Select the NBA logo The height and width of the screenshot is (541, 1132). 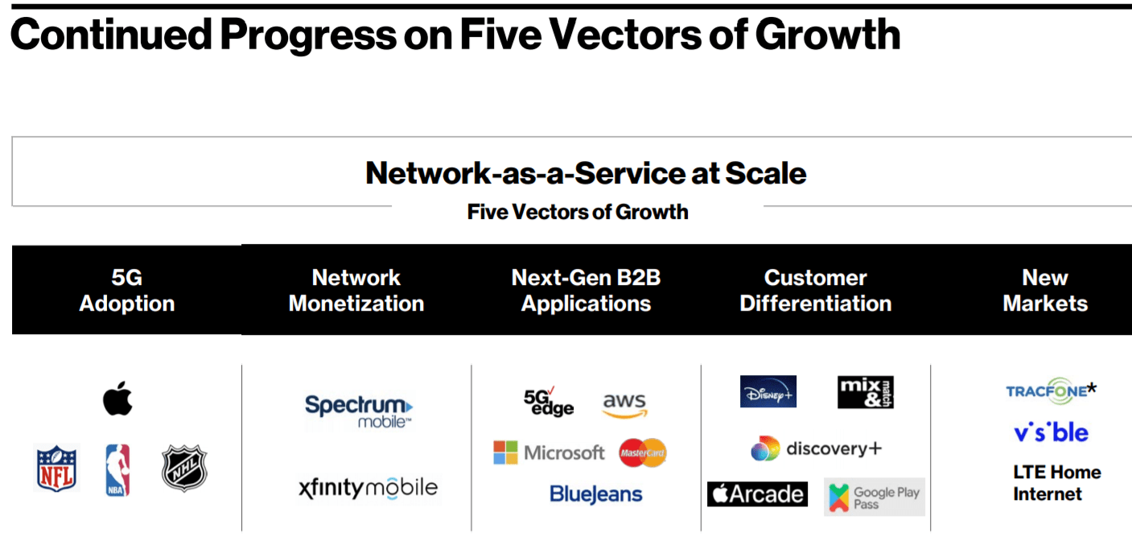point(117,470)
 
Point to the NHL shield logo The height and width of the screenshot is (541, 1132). point(184,469)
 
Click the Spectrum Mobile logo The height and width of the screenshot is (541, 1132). point(358,411)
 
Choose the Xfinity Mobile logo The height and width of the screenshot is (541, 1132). point(368,488)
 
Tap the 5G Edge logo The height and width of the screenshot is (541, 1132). point(548,402)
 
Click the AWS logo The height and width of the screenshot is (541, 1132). point(624,405)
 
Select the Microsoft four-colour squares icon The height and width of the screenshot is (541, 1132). point(505,452)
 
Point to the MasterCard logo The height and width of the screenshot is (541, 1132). point(643,453)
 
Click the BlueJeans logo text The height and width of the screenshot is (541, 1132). point(595,494)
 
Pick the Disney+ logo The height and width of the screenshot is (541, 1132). point(768,391)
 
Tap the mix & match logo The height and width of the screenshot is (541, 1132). point(866,392)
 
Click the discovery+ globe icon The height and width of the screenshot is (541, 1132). point(765,449)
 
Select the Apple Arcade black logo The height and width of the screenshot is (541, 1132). point(757,494)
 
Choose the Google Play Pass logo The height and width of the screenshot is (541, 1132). point(875,497)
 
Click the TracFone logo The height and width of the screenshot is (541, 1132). point(1051,391)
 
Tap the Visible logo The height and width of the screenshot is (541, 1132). point(1051,432)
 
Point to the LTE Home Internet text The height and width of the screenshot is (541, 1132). point(1056,483)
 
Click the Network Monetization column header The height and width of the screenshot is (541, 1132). point(356,291)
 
